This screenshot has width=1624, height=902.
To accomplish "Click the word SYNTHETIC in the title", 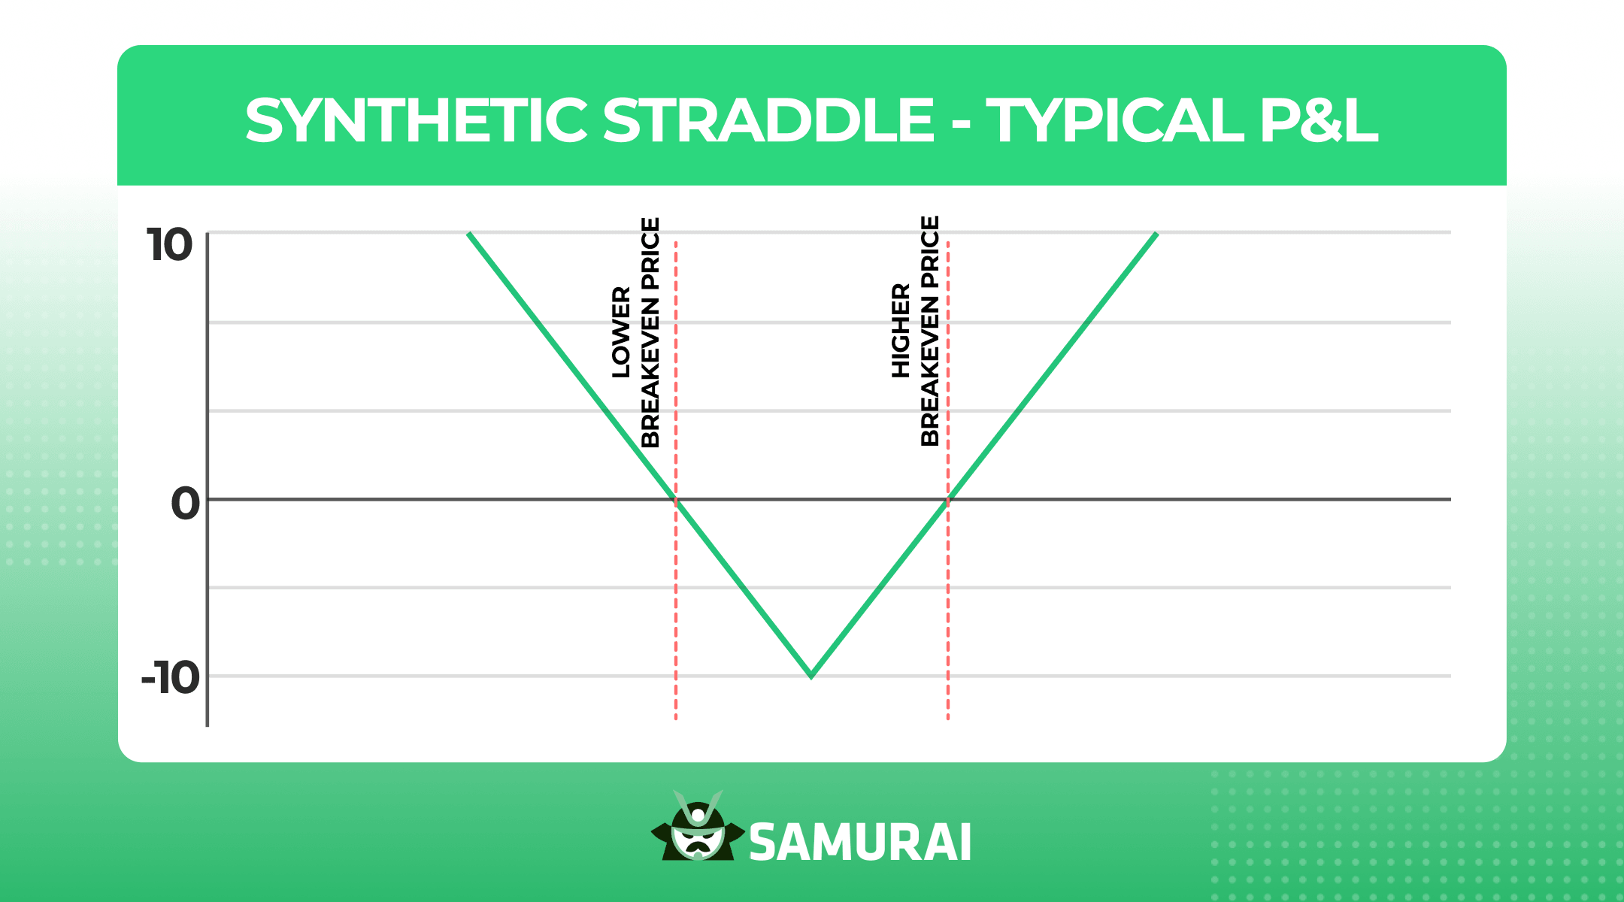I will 416,120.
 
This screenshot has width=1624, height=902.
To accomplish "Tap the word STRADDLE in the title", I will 768,120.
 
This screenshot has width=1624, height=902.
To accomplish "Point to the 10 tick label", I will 170,246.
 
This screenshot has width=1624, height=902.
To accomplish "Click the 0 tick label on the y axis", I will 185,503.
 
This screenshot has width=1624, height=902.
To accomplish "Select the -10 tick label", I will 171,678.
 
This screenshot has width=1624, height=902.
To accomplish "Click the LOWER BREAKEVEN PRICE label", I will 636,332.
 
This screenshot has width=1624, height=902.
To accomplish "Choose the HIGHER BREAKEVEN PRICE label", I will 916,331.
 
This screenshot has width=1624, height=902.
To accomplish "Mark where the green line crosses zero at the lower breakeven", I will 675,500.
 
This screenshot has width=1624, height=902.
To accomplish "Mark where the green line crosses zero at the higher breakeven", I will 948,500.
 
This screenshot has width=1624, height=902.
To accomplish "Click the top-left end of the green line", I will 469,235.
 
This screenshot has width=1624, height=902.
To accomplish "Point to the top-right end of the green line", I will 1156,235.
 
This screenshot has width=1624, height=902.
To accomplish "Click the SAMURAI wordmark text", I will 860,843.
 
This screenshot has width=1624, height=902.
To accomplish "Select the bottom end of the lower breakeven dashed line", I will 676,718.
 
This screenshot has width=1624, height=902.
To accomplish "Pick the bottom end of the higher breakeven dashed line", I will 948,718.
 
